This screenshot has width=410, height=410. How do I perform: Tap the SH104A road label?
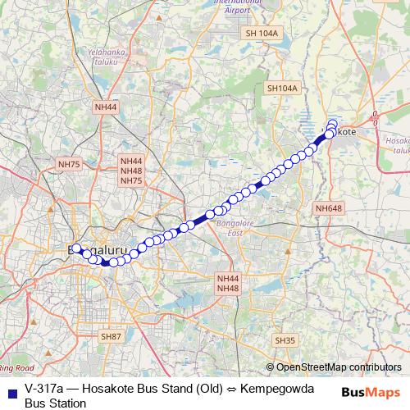281,88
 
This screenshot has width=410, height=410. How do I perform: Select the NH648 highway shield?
328,209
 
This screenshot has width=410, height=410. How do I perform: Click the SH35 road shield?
285,340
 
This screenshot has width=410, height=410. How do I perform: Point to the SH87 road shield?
111,336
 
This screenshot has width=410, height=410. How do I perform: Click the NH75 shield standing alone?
69,165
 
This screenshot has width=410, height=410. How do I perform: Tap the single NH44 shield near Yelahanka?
106,107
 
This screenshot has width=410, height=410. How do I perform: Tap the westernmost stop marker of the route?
75,248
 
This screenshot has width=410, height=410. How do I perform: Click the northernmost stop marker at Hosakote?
332,124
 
